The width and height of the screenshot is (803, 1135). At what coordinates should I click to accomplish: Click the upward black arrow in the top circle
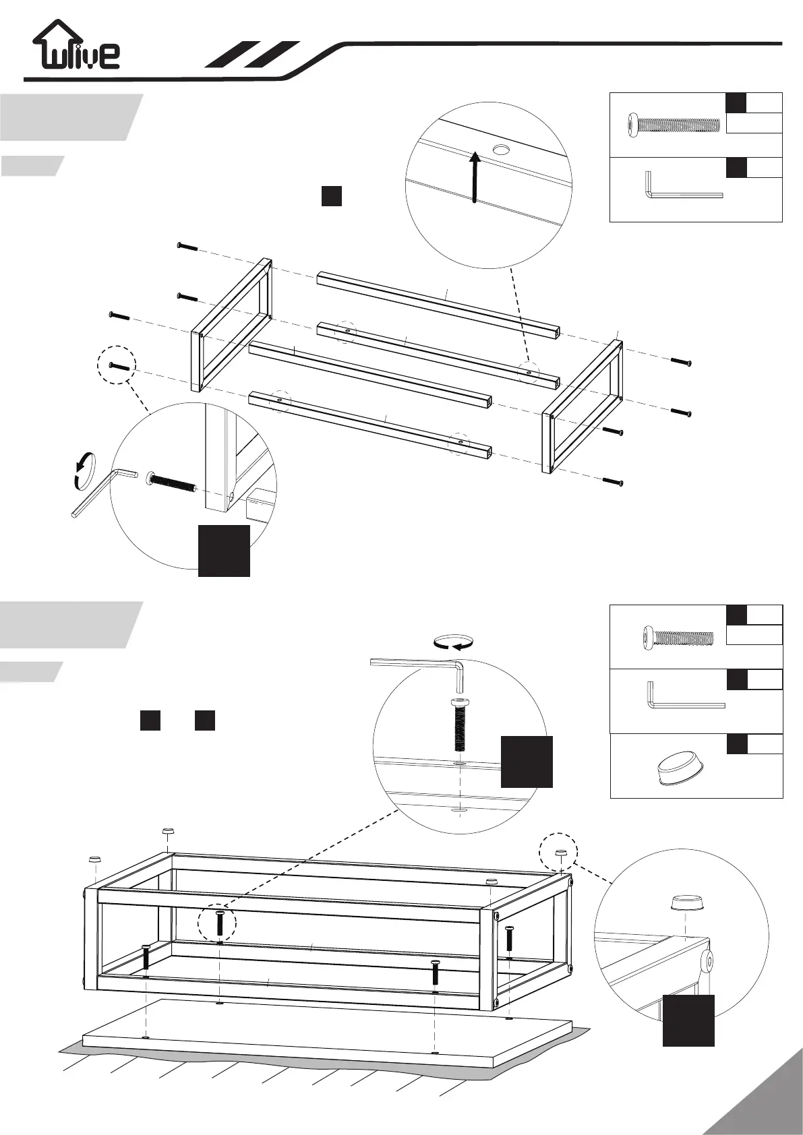(475, 177)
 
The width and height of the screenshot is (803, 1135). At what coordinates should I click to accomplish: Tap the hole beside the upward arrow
(501, 149)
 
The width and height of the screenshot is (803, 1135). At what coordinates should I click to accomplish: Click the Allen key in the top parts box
(681, 187)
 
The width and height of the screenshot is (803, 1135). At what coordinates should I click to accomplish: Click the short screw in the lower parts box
(678, 637)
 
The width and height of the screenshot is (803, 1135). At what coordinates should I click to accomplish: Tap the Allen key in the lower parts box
(684, 698)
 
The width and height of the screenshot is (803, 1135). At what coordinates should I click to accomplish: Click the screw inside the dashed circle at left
(119, 367)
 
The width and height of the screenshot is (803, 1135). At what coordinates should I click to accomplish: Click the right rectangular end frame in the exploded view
(582, 408)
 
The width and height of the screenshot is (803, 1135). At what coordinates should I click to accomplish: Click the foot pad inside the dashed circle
(559, 853)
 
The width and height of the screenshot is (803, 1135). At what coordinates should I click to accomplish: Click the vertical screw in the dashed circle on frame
(220, 923)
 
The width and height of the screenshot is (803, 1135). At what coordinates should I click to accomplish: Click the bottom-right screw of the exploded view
(613, 481)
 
